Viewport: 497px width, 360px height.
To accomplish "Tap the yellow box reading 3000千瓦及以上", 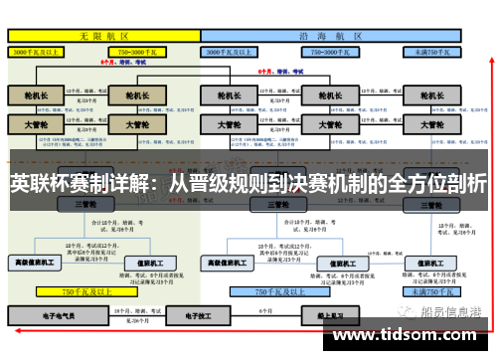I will pyautogui.click(x=39, y=50).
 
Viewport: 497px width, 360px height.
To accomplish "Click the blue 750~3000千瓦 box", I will pyautogui.click(x=329, y=50).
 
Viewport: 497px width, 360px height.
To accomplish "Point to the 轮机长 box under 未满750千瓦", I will pyautogui.click(x=428, y=95).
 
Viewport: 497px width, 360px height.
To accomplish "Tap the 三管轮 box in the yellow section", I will pyautogui.click(x=85, y=204).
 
